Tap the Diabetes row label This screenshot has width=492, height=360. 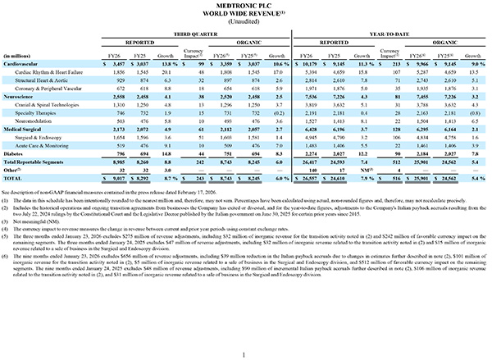pos(15,152)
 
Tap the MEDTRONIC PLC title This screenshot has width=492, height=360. pos(245,7)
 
